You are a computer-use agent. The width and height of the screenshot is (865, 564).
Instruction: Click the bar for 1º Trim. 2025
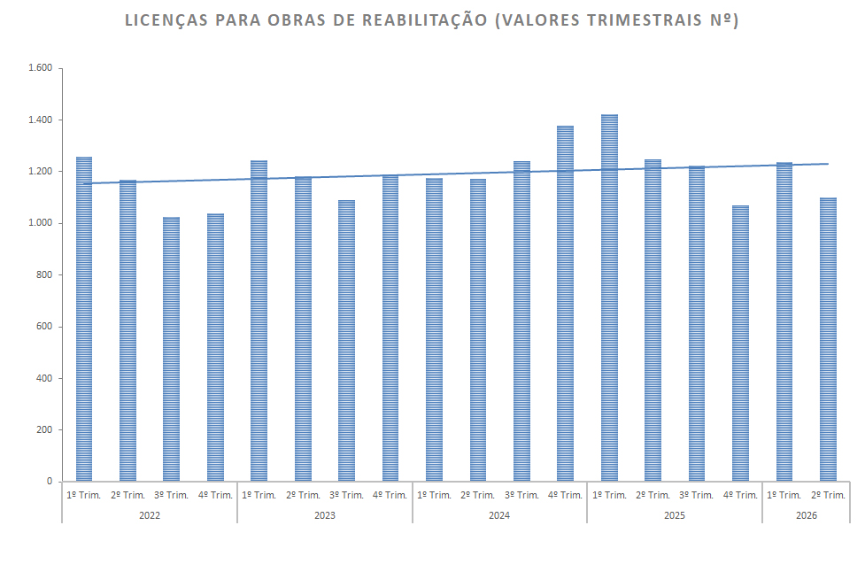[x=609, y=297]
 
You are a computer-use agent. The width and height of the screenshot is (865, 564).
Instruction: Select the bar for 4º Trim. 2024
[x=565, y=304]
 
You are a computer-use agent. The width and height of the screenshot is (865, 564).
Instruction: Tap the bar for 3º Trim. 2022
[x=171, y=350]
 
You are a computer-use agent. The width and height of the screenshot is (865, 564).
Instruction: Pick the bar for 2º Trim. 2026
[x=828, y=339]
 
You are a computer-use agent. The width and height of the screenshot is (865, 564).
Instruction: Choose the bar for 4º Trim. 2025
[x=740, y=344]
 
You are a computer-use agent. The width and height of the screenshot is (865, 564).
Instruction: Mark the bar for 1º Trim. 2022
[x=84, y=319]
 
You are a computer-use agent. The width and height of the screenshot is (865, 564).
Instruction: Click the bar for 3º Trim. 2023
[x=346, y=341]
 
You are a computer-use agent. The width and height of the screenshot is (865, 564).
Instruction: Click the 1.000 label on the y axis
[x=40, y=223]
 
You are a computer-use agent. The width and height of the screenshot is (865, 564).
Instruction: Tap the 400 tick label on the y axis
[x=44, y=378]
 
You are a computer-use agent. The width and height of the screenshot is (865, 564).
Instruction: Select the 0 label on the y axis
[x=50, y=482]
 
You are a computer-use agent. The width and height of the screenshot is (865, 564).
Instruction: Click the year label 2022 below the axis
[x=150, y=515]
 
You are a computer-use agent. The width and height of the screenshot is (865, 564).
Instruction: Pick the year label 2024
[x=499, y=515]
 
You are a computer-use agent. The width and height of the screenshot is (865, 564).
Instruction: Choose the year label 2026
[x=806, y=515]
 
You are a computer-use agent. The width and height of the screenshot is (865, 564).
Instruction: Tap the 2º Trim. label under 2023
[x=303, y=495]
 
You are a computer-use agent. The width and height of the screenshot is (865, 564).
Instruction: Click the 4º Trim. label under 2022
[x=215, y=495]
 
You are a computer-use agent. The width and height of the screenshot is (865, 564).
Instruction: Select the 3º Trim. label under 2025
[x=696, y=495]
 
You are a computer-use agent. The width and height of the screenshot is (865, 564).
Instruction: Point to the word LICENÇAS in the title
[x=166, y=19]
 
